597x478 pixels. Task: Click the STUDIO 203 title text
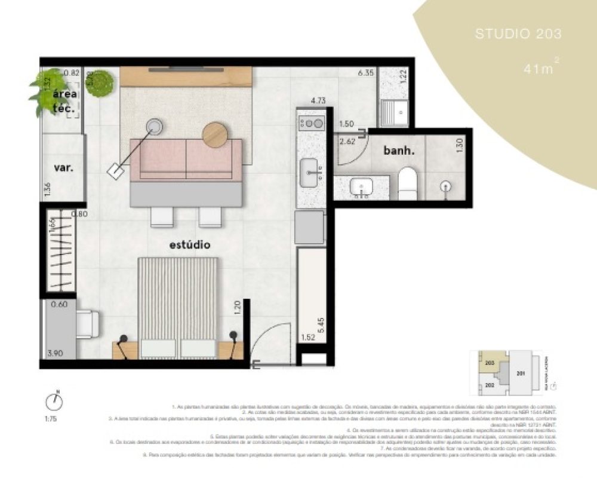518,34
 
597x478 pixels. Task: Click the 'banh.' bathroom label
398,151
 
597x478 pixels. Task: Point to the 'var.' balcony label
63,168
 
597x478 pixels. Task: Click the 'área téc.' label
63,102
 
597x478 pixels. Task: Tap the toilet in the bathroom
409,182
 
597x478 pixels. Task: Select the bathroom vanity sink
361,188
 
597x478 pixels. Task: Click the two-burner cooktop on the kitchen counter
310,124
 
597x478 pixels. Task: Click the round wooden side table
216,134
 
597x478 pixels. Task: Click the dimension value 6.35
365,73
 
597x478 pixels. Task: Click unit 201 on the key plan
521,375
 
